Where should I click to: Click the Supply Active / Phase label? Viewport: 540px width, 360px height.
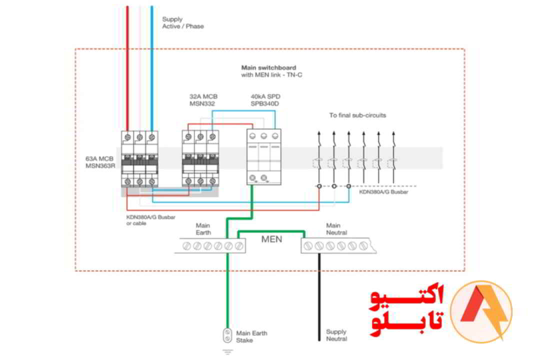coord(182,23)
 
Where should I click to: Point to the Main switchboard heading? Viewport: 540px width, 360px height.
coord(268,67)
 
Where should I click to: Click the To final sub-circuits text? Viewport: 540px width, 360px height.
coord(357,115)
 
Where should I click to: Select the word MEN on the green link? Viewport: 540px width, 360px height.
coord(271,239)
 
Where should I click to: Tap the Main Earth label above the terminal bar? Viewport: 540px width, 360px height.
coord(203,229)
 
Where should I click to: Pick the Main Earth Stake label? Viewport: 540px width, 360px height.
coord(251,336)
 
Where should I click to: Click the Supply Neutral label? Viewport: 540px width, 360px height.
coord(336,335)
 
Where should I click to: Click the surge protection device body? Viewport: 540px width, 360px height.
coord(263,157)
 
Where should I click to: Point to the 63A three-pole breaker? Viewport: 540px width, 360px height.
coord(139,159)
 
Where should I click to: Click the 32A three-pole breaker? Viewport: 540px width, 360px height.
coord(200,159)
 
